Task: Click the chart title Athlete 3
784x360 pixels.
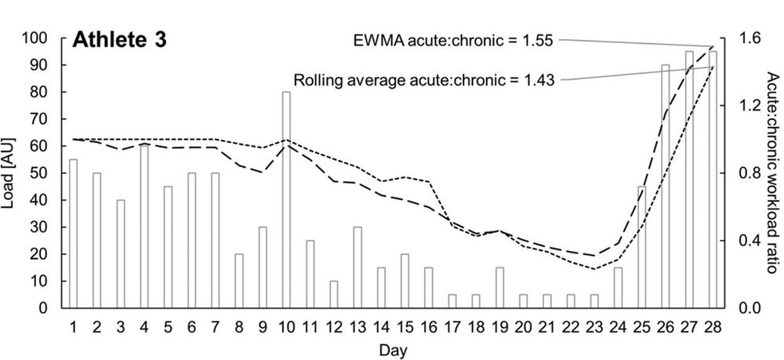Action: (x=120, y=42)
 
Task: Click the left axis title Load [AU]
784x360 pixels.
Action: (x=10, y=173)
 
